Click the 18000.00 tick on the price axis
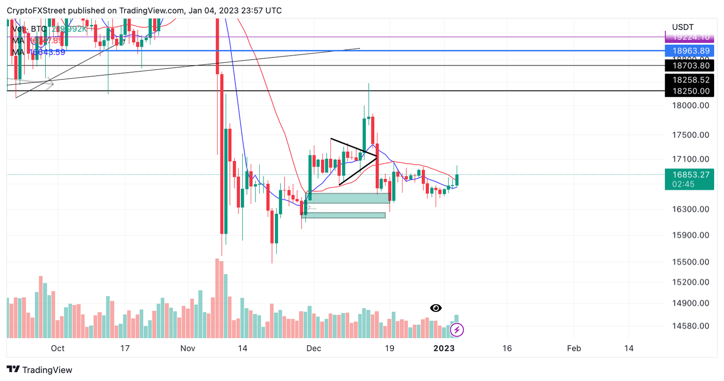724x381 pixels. tap(691, 105)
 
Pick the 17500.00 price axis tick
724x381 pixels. tap(691, 135)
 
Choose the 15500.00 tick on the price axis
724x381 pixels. tap(691, 262)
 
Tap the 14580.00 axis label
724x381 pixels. tap(691, 326)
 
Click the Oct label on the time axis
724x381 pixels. tap(58, 349)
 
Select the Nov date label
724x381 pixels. tap(188, 349)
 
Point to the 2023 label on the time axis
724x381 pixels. tap(444, 349)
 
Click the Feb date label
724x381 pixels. tap(574, 349)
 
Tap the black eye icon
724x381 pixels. tap(436, 308)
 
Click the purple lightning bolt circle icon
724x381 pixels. tap(457, 330)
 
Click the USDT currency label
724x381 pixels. tap(683, 27)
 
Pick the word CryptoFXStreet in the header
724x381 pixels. tap(35, 10)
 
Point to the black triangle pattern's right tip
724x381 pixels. tap(377, 156)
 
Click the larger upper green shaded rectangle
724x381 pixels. tap(348, 198)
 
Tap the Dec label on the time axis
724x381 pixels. tap(313, 349)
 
